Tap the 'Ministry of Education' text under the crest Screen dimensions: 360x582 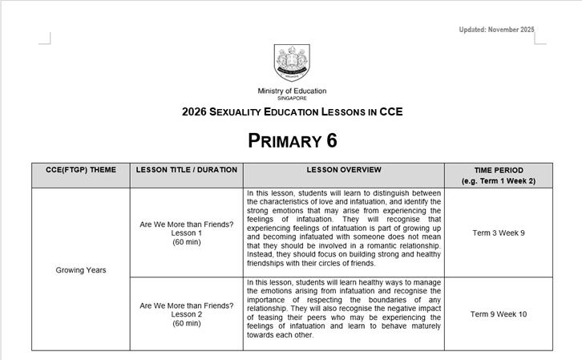[x=292, y=91]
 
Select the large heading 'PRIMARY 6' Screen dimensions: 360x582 [x=292, y=140]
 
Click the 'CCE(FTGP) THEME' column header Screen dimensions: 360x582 [x=81, y=170]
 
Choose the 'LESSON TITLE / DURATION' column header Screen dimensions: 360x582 [x=187, y=170]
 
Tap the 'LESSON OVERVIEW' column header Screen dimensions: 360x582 [x=344, y=170]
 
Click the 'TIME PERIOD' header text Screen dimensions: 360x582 [x=499, y=170]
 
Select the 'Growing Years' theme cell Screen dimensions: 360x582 [x=81, y=269]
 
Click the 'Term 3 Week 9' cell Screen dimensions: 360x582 [x=499, y=233]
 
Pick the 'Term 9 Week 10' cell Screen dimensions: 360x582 [x=499, y=314]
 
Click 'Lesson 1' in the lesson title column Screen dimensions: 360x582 [x=187, y=233]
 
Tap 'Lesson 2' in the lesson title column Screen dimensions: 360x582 [x=187, y=314]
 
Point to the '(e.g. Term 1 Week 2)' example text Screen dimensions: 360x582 [x=499, y=181]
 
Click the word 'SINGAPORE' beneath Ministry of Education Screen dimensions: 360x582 [x=292, y=98]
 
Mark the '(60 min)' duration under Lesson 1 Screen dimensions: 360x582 [x=187, y=242]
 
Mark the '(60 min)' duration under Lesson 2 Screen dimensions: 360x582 [x=187, y=323]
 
